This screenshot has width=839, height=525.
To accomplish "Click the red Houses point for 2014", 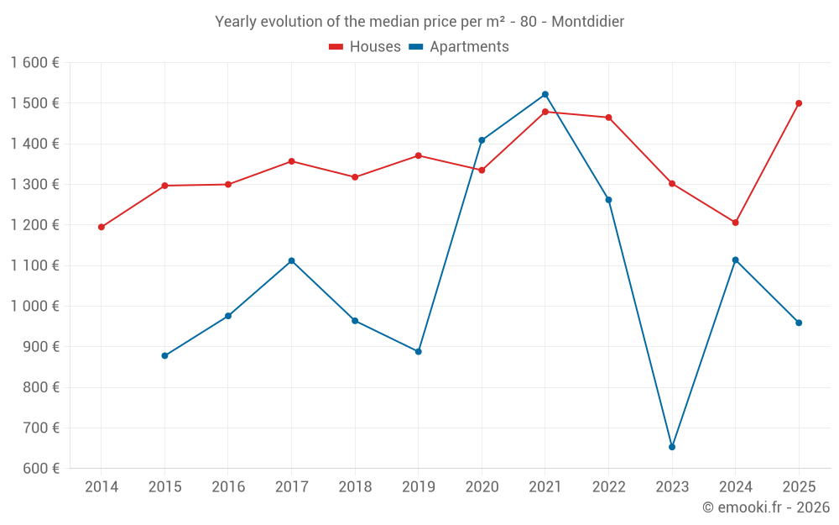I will pyautogui.click(x=102, y=227).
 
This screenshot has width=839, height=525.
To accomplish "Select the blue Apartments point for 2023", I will pyautogui.click(x=672, y=447).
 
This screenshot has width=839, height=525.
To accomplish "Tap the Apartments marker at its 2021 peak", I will pyautogui.click(x=545, y=94).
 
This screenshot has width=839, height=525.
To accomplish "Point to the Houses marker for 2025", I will pyautogui.click(x=799, y=103).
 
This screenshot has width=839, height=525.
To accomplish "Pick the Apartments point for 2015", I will pyautogui.click(x=164, y=355).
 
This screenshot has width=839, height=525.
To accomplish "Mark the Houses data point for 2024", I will pyautogui.click(x=736, y=223).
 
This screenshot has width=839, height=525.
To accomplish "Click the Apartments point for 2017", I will pyautogui.click(x=291, y=260).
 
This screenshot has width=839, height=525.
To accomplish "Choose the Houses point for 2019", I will pyautogui.click(x=419, y=155).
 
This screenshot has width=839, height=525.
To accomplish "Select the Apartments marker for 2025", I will pyautogui.click(x=799, y=323).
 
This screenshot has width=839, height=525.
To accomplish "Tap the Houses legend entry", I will pyautogui.click(x=365, y=47).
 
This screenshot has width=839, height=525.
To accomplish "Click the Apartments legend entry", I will pyautogui.click(x=459, y=47).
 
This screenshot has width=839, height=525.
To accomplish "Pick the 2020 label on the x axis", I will pyautogui.click(x=482, y=486).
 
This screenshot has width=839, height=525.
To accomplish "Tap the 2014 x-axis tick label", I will pyautogui.click(x=102, y=486).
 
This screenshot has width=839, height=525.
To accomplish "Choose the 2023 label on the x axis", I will pyautogui.click(x=672, y=486).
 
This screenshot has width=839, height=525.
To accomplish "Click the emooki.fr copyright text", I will pyautogui.click(x=766, y=507).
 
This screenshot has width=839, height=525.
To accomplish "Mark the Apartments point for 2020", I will pyautogui.click(x=482, y=140).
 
